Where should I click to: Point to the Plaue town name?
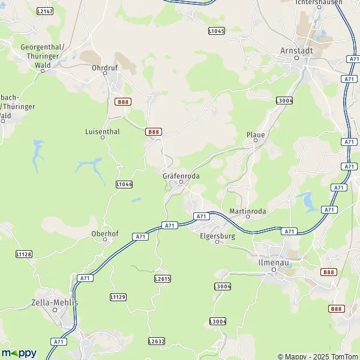click(256, 135)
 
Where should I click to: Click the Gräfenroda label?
click(181, 176)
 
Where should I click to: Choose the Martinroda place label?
click(248, 211)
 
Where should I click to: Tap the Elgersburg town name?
click(217, 236)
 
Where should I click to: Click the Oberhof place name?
click(103, 233)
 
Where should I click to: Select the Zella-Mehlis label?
click(55, 302)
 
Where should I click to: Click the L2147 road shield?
click(44, 11)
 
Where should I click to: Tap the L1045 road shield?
click(217, 30)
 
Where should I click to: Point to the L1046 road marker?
click(124, 184)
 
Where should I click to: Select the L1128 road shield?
click(23, 254)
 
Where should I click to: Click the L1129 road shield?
click(118, 297)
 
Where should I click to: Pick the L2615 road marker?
click(163, 279)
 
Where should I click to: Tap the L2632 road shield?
click(157, 341)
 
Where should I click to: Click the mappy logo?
click(19, 353)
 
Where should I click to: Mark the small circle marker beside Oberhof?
click(105, 239)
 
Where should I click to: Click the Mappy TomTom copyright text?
click(318, 356)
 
